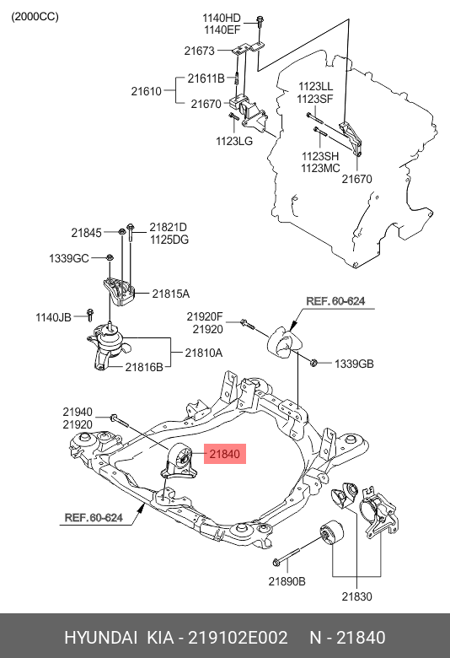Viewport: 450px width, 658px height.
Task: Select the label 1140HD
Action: click(x=222, y=18)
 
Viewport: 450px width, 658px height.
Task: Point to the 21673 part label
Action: click(x=201, y=51)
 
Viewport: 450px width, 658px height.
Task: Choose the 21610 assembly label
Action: click(x=147, y=90)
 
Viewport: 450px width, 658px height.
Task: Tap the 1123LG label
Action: click(x=233, y=141)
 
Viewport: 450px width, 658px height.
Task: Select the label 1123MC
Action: click(x=320, y=169)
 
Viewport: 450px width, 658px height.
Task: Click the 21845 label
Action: click(x=86, y=232)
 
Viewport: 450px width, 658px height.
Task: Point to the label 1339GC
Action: click(x=68, y=257)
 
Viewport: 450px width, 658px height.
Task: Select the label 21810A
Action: click(x=203, y=353)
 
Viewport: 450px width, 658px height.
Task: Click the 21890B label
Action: click(x=287, y=580)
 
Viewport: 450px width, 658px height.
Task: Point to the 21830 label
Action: click(x=357, y=596)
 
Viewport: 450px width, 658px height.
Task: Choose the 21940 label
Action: click(x=77, y=412)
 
